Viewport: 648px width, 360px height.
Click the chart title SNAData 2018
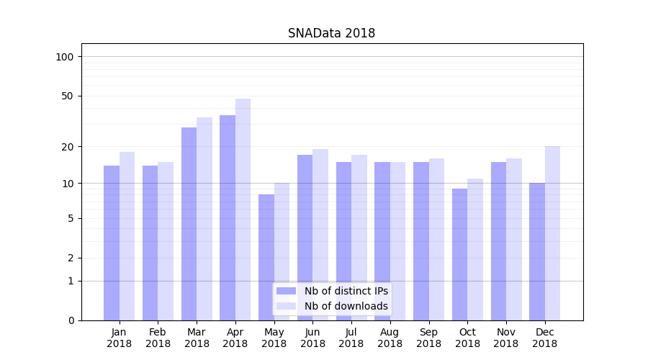coord(331,33)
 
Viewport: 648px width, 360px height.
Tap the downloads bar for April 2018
coord(243,209)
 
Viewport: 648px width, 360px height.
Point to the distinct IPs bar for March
coord(189,224)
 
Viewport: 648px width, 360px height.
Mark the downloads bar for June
coord(320,235)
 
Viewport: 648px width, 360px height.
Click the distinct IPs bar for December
coord(537,251)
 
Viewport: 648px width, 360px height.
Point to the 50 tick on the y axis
coord(68,96)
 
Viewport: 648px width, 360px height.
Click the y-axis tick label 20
coord(68,147)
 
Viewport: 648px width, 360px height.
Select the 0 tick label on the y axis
coord(71,320)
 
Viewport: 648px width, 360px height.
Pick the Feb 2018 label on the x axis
coord(158,338)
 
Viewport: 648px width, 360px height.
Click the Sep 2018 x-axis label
coord(428,338)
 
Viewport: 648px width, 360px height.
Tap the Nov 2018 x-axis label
coord(506,338)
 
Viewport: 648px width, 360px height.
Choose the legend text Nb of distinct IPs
coord(346,291)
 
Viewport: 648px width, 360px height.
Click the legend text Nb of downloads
coord(346,306)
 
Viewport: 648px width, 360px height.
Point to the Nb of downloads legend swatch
coord(286,306)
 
